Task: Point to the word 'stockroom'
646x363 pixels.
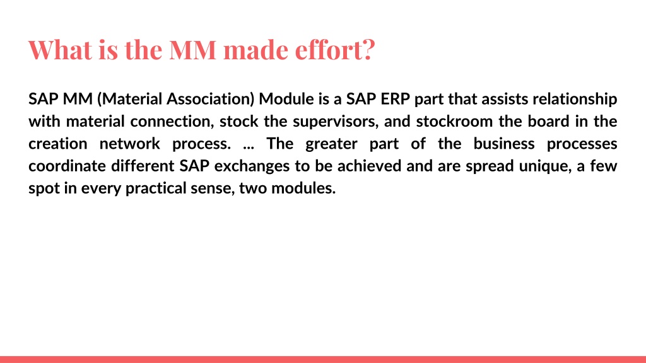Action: coord(454,122)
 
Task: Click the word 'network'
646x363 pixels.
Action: coord(130,144)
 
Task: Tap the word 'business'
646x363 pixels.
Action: coord(504,144)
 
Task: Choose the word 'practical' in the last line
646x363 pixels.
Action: coord(156,188)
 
